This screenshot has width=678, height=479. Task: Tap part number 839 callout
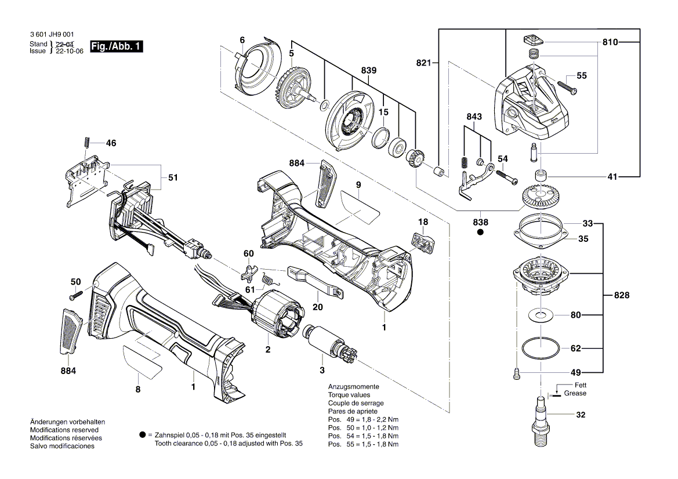(368, 70)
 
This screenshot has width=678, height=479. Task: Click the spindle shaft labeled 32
(541, 422)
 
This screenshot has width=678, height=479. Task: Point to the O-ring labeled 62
(541, 349)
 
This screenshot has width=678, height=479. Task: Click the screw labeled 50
(74, 296)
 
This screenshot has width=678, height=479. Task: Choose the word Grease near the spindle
(575, 394)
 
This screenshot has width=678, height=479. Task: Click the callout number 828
(622, 296)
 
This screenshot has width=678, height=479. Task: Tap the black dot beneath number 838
(480, 233)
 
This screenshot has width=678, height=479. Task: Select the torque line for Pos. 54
(363, 436)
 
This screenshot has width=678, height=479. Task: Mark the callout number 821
(425, 61)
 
